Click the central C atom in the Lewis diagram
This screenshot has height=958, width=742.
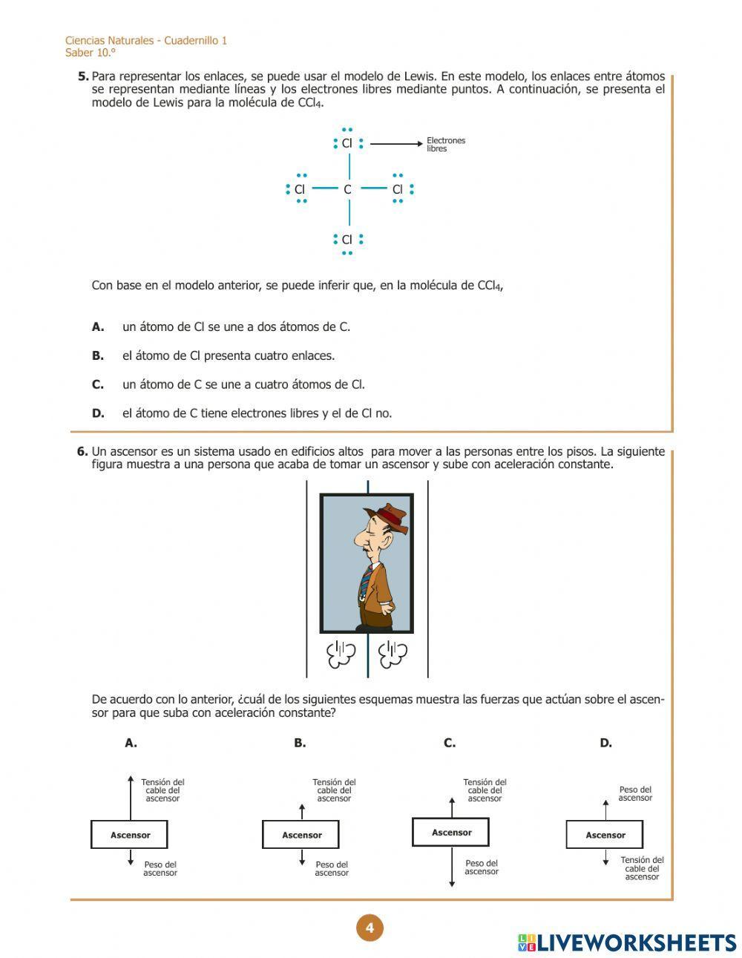(347, 189)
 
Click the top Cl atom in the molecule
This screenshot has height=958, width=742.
(347, 143)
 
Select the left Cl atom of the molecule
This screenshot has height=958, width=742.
(300, 189)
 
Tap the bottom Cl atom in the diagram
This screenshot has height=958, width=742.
(347, 240)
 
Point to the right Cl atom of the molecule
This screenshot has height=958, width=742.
(398, 189)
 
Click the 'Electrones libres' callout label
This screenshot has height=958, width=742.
(445, 145)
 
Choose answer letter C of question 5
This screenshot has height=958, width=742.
(98, 384)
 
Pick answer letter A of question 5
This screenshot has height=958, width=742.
(98, 327)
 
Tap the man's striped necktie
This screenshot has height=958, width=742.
(365, 583)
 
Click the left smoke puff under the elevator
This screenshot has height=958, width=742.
(341, 654)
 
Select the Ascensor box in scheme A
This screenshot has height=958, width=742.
(130, 835)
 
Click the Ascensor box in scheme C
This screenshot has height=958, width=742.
(451, 833)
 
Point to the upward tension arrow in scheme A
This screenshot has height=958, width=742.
(131, 798)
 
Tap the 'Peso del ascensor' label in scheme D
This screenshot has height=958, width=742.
(635, 794)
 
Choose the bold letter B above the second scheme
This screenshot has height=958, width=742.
(300, 743)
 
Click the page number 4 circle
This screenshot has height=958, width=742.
(370, 928)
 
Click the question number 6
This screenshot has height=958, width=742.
(82, 451)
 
